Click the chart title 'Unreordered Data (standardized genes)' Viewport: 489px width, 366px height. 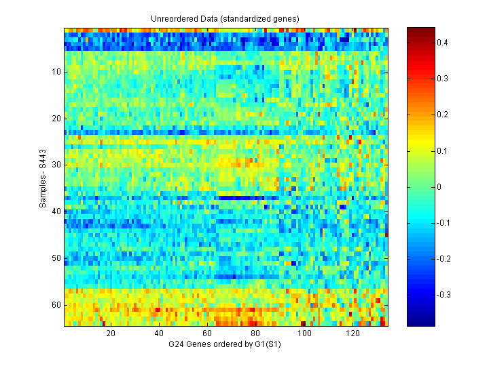(225, 18)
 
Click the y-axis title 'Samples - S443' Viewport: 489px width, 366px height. (43, 177)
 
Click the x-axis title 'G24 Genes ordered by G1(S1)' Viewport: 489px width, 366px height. (225, 345)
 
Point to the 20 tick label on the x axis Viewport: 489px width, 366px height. (111, 334)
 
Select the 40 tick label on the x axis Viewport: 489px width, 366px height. (159, 334)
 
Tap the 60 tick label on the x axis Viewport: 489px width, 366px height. (207, 334)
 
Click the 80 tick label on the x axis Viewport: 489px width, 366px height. (255, 334)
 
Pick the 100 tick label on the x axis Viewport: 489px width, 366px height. (304, 334)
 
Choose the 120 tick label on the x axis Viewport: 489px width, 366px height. (352, 334)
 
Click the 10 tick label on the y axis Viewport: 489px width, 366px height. (56, 72)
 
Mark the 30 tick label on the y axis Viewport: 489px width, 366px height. (56, 165)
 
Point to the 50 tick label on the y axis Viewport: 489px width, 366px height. (56, 258)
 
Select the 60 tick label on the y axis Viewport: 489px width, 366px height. (56, 305)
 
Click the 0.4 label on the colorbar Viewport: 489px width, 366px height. (442, 43)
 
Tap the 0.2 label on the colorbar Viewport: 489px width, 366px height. (442, 115)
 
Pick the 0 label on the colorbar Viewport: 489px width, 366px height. (439, 186)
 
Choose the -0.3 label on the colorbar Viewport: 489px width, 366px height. (443, 294)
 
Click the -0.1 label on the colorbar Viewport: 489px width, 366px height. (443, 222)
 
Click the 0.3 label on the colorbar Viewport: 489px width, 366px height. (442, 79)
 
